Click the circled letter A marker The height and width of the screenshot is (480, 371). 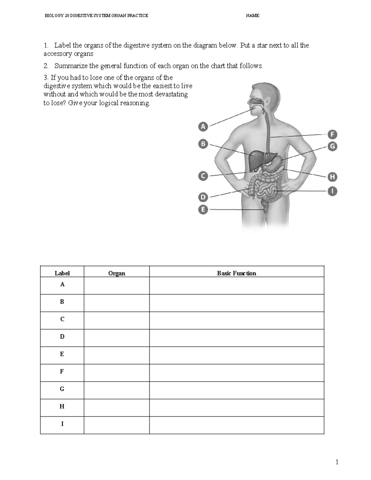(x=203, y=126)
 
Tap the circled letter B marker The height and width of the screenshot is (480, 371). (x=203, y=144)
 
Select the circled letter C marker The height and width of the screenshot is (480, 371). (x=203, y=176)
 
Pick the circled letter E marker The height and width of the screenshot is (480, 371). (x=203, y=210)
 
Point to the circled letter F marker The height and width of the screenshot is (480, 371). (x=332, y=134)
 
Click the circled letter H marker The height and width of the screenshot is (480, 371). (x=332, y=177)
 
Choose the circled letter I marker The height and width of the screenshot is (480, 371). (x=332, y=191)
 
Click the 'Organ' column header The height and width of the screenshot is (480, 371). (x=117, y=273)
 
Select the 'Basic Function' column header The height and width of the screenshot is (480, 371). (x=237, y=273)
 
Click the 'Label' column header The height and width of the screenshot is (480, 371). (x=62, y=273)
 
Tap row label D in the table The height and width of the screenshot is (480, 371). (x=62, y=337)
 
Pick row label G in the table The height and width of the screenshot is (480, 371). (x=62, y=389)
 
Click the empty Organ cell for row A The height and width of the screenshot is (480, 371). (x=117, y=285)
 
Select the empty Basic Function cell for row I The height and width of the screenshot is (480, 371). (x=237, y=425)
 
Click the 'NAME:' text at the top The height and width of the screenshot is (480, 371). (x=253, y=15)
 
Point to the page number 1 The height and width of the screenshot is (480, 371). (x=337, y=462)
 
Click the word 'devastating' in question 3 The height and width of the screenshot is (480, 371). (x=171, y=94)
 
